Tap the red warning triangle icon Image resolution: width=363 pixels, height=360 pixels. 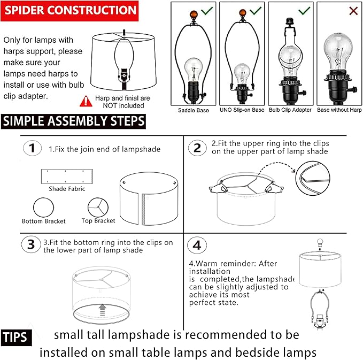(86, 99)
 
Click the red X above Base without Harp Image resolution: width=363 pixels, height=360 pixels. (338, 11)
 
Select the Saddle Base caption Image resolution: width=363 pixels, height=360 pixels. (194, 110)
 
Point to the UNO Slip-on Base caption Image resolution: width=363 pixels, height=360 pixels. (242, 110)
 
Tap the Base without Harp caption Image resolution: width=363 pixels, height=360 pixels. (338, 110)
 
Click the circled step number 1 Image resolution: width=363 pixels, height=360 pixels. (33, 148)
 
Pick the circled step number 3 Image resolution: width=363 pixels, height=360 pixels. (32, 245)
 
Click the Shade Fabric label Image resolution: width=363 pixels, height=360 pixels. (67, 189)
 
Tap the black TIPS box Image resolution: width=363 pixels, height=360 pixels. (17, 338)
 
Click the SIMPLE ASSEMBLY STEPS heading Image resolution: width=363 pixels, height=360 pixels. (73, 121)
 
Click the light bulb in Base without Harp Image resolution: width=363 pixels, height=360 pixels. (338, 51)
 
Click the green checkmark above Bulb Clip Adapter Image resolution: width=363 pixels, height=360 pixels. (305, 10)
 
